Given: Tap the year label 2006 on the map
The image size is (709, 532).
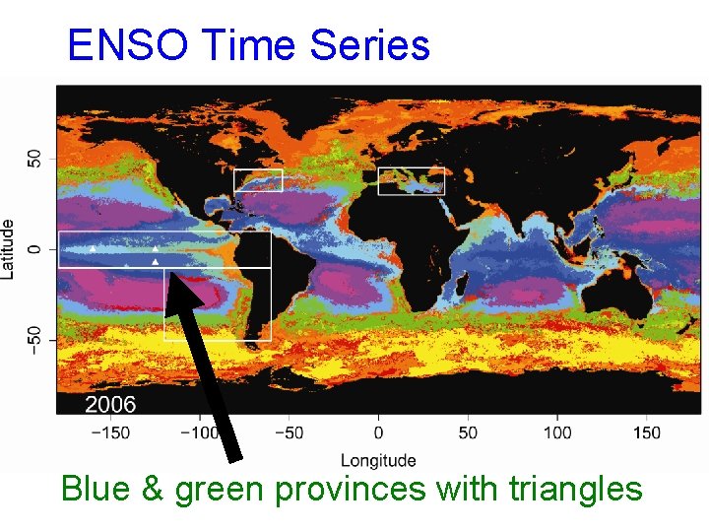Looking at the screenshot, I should [x=110, y=404].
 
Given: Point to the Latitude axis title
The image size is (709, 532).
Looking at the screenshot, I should [x=9, y=248].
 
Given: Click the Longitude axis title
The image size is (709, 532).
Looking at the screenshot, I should [x=378, y=460].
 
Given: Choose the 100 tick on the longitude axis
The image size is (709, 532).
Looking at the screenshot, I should [x=557, y=432].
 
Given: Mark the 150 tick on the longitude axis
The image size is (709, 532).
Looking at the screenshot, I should [x=647, y=432].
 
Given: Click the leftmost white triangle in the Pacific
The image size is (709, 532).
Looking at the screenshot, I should [x=94, y=249].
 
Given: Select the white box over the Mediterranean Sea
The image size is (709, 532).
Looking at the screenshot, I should [x=412, y=181].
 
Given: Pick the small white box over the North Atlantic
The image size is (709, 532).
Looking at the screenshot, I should [x=258, y=180].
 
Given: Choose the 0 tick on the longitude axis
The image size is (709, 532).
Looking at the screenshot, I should [x=378, y=432].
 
